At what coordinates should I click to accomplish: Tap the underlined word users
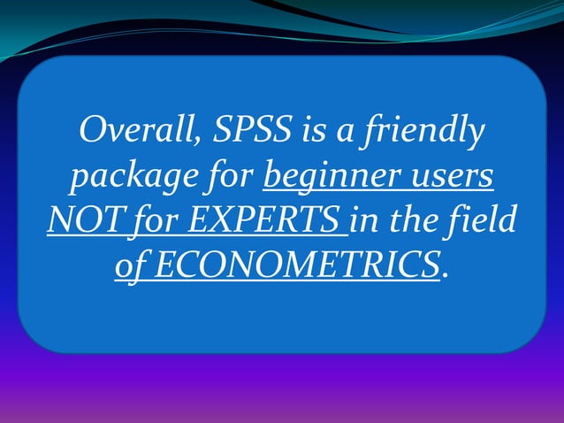coord(449,177)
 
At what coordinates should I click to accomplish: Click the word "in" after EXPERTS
coord(368,219)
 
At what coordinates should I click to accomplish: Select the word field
coord(487,219)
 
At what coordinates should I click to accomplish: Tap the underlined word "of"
coord(132,263)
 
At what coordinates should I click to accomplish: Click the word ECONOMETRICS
coord(297,263)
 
